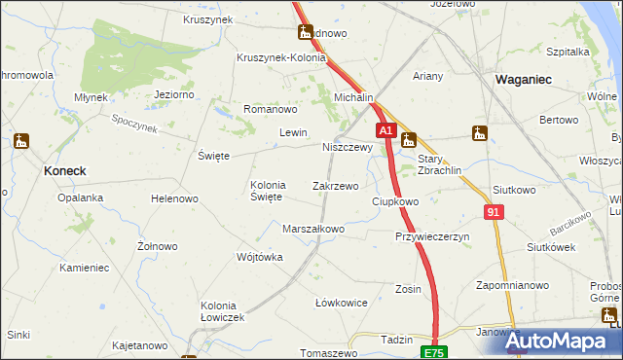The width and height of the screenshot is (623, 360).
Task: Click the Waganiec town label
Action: click(526, 81)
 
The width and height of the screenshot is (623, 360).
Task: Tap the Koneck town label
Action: click(65, 170)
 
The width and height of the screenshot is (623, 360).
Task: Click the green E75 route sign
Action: click(433, 352)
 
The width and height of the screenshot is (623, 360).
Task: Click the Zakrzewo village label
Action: click(335, 185)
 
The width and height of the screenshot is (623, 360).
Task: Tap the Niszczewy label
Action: click(347, 148)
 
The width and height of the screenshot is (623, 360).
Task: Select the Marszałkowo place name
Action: click(313, 230)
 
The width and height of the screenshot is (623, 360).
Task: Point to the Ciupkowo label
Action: click(395, 201)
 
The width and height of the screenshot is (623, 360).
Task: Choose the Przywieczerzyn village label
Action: click(432, 236)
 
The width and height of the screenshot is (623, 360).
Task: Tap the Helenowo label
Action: click(174, 198)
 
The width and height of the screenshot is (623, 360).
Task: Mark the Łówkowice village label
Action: click(341, 303)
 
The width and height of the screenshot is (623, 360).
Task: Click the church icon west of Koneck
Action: click(20, 142)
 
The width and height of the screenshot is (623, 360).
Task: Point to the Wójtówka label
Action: click(259, 258)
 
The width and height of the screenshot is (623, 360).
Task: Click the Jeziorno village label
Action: click(176, 94)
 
